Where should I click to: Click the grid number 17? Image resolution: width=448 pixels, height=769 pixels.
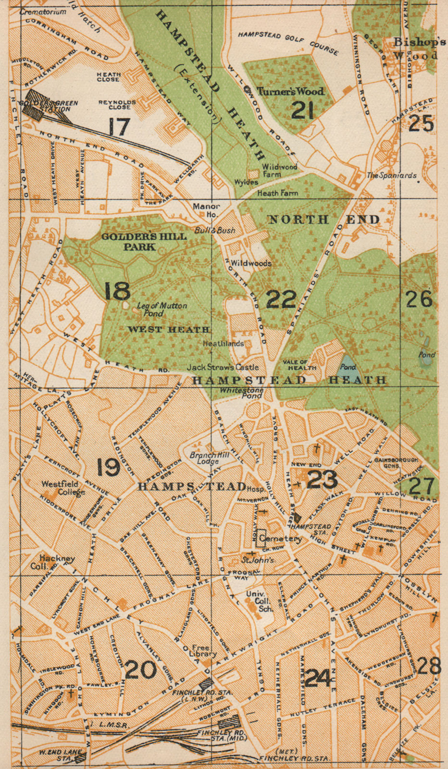(118, 127)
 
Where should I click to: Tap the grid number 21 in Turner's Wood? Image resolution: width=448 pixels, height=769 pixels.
(302, 111)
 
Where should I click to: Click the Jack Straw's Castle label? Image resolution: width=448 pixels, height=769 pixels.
(223, 367)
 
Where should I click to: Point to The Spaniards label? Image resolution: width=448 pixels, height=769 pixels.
(392, 175)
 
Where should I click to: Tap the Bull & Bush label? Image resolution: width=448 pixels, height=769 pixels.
(215, 230)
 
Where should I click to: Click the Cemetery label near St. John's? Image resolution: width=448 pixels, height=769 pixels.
(280, 539)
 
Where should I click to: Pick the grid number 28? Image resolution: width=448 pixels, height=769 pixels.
(429, 666)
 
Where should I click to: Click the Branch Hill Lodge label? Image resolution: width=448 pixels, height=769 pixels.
(204, 458)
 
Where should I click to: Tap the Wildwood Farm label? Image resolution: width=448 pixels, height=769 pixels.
(279, 170)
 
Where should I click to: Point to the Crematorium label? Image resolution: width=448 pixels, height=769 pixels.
(43, 12)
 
